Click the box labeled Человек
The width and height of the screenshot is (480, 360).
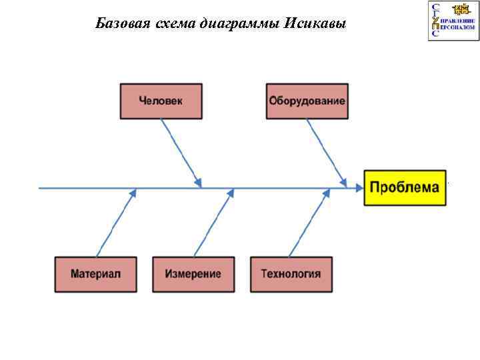[160, 101]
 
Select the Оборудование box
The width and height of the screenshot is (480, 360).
[307, 101]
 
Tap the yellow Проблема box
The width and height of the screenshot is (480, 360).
[404, 187]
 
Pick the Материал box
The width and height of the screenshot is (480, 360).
[95, 274]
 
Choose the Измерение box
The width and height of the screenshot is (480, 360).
[193, 274]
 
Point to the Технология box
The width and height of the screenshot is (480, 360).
[291, 274]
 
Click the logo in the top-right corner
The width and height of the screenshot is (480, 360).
[453, 21]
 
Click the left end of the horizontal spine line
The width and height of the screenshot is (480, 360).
[40, 188]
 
